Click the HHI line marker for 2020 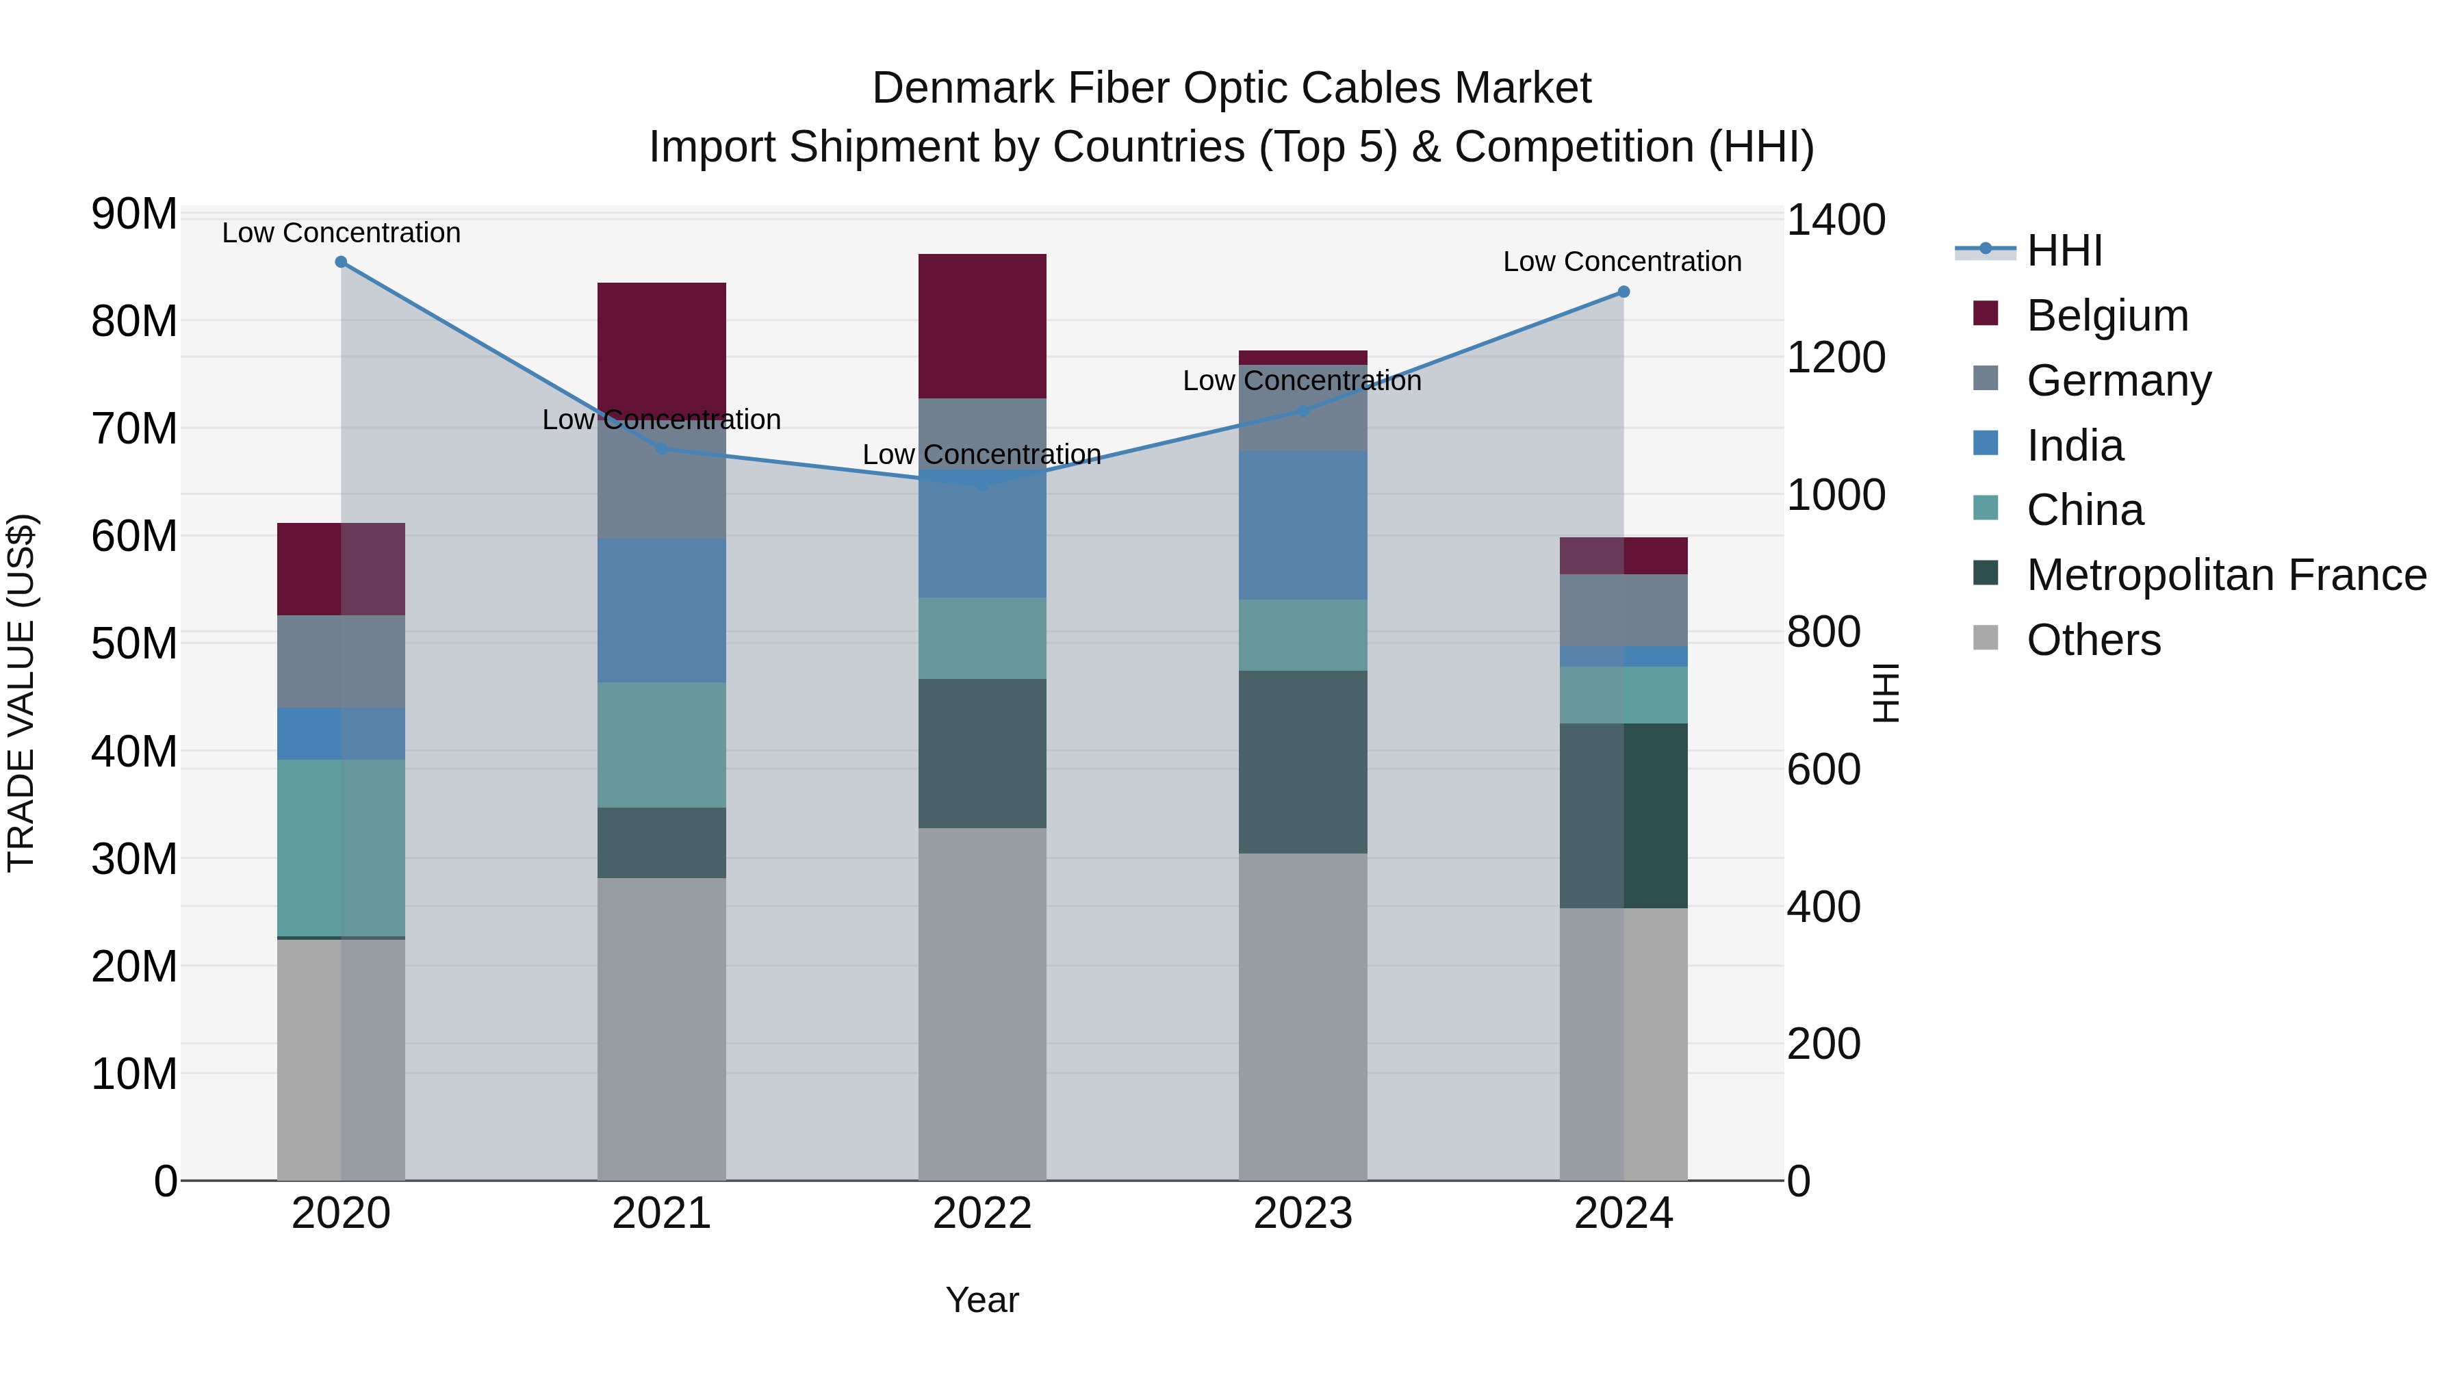click(x=341, y=262)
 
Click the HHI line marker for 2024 click(x=1624, y=292)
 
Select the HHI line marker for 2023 click(x=1302, y=411)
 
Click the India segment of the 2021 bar click(x=662, y=611)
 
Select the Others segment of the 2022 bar click(x=982, y=1004)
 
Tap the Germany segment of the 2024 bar click(x=1624, y=611)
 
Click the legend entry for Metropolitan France click(x=2226, y=575)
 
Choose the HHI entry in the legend click(x=2064, y=251)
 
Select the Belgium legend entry click(x=2107, y=316)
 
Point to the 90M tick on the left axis click(x=134, y=214)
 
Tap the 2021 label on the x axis click(x=662, y=1214)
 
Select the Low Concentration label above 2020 click(x=342, y=233)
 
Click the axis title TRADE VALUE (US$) click(x=22, y=693)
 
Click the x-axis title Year click(x=982, y=1300)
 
